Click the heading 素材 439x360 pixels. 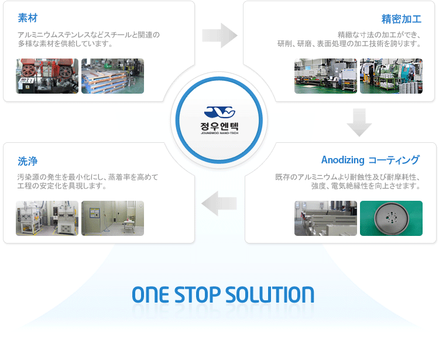click(28, 18)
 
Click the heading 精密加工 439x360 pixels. click(401, 19)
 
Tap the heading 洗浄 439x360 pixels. click(28, 161)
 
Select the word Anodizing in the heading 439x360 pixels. click(342, 160)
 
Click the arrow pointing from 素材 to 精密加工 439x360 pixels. click(220, 36)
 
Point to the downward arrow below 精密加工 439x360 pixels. click(359, 122)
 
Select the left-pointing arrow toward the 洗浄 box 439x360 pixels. click(219, 204)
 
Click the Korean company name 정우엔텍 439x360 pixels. click(220, 126)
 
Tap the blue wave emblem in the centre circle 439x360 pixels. click(220, 112)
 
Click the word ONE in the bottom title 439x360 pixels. click(150, 295)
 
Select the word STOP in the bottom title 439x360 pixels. click(198, 295)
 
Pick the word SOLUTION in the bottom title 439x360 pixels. click(270, 295)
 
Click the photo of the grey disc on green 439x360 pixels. click(391, 218)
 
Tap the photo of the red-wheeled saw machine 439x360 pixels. click(47, 76)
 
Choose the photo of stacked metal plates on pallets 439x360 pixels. click(112, 76)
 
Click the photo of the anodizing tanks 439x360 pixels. click(325, 218)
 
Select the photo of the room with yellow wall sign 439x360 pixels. click(112, 218)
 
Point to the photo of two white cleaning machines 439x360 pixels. click(47, 218)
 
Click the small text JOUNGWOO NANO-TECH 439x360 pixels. click(220, 133)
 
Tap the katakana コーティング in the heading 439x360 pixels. click(394, 160)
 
